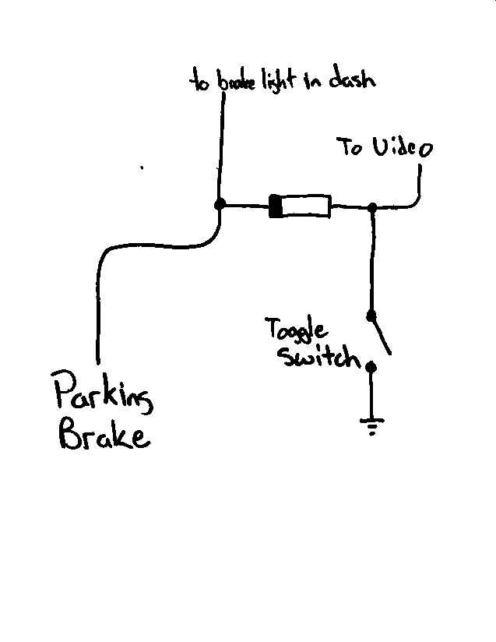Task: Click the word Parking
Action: point(103,395)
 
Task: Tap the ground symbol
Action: point(371,425)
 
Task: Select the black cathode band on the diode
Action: point(275,207)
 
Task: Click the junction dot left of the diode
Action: point(220,204)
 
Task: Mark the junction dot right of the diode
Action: point(372,208)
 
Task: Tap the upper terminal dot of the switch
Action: point(371,316)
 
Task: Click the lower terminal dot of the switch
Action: point(371,366)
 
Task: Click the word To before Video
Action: point(350,146)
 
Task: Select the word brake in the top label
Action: point(234,82)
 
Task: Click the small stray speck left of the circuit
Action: point(141,167)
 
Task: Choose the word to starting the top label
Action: point(199,82)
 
